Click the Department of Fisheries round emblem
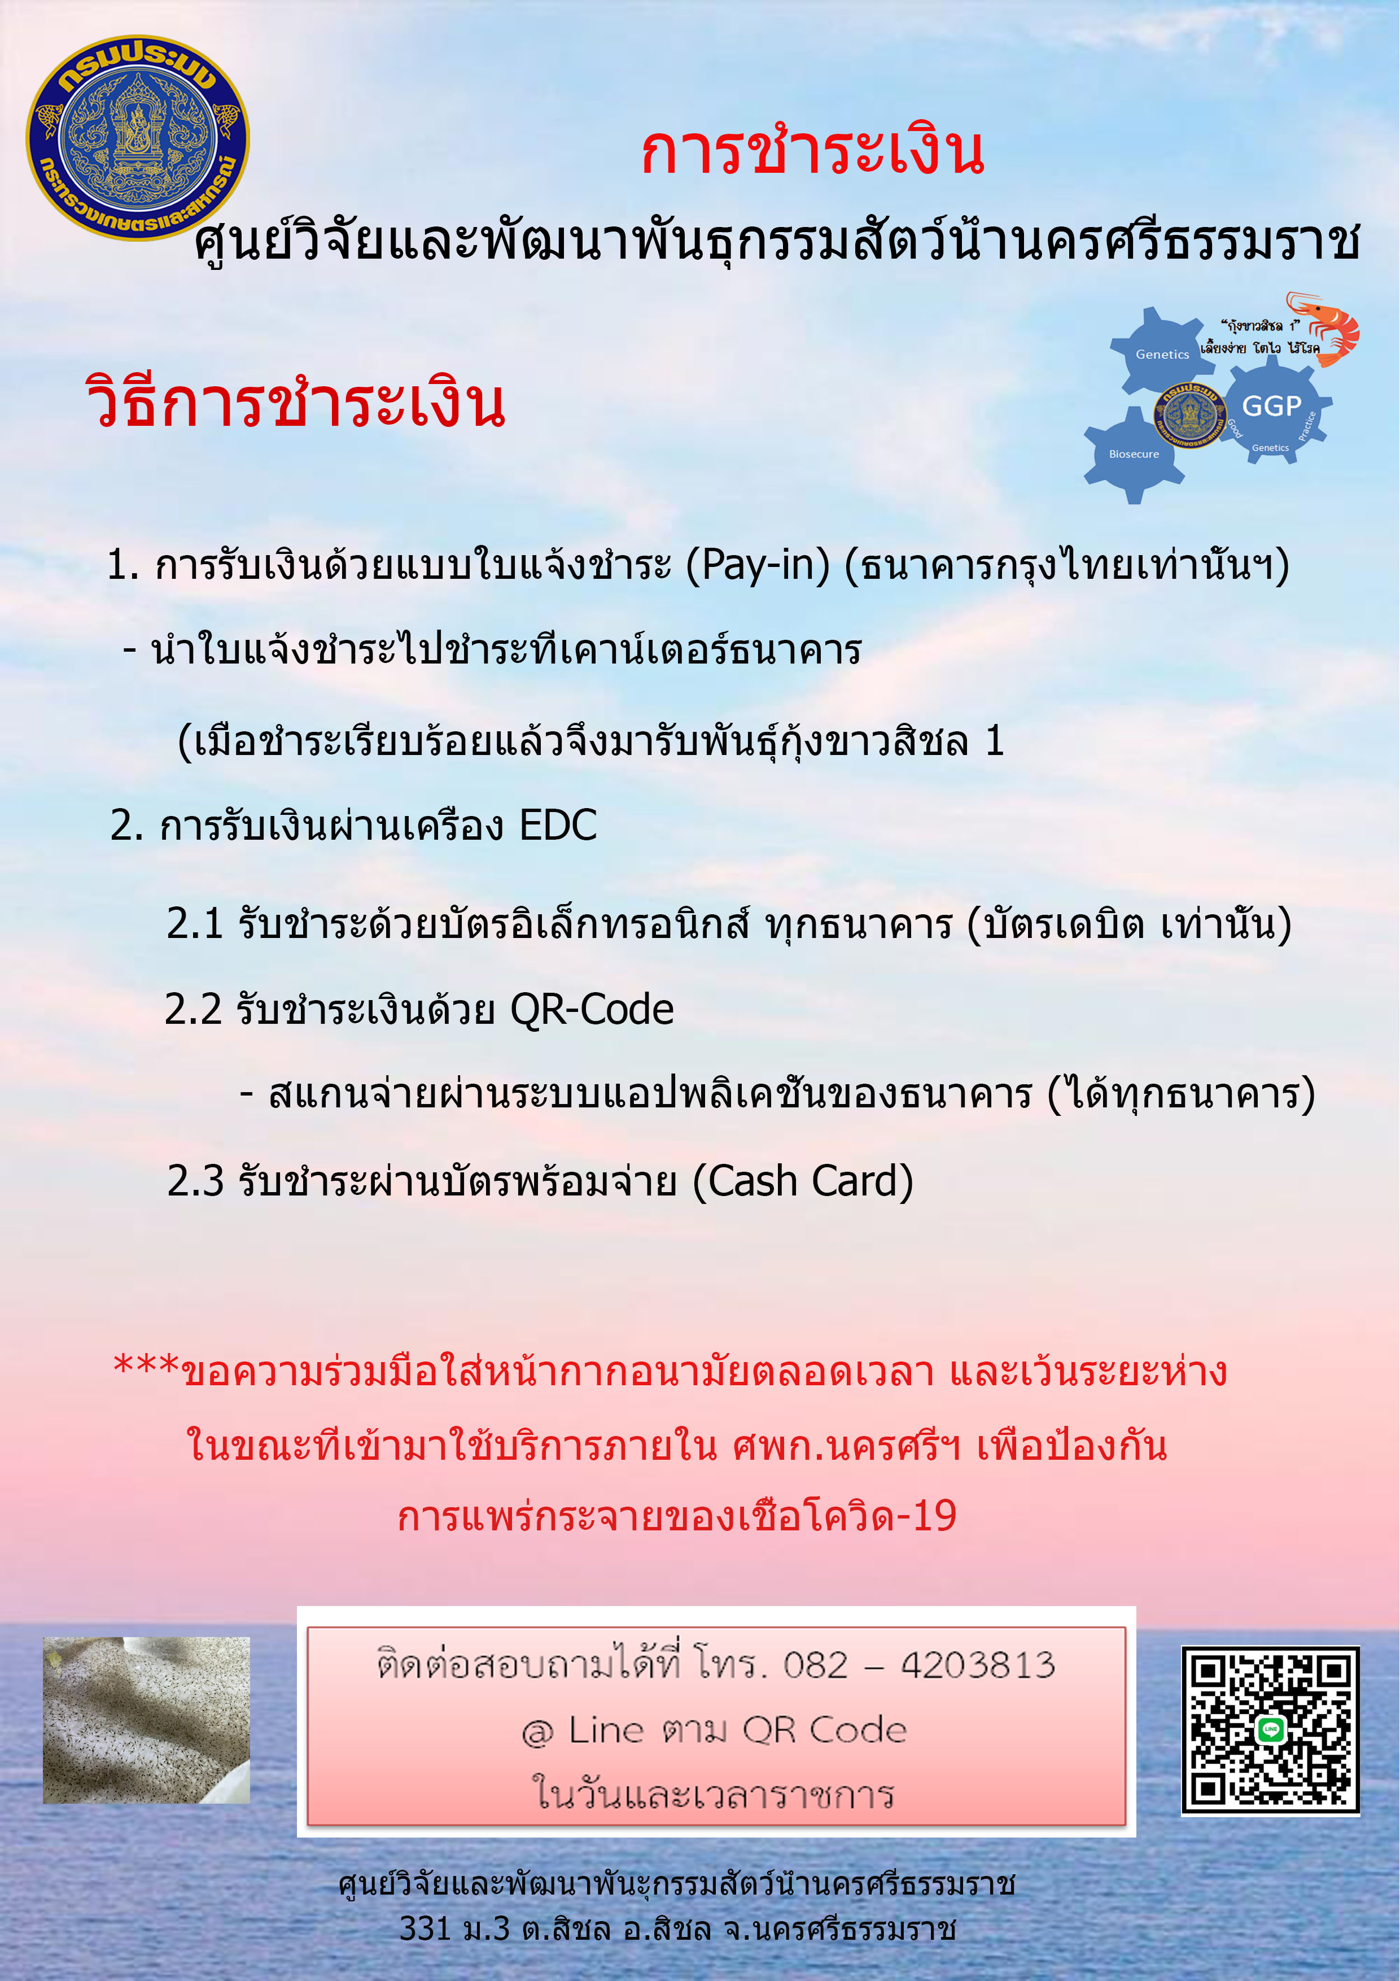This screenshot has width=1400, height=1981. coord(138,138)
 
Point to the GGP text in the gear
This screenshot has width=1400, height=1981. coord(1271,405)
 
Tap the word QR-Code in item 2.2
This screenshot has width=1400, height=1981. coord(592,1010)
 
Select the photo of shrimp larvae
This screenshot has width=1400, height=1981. coord(147,1721)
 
